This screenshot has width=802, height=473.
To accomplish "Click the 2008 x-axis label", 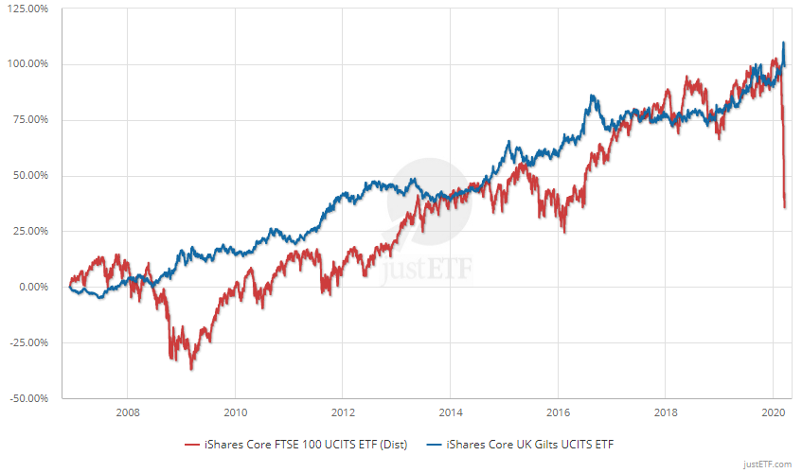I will [x=128, y=412].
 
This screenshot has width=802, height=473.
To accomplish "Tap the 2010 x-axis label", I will [x=236, y=412].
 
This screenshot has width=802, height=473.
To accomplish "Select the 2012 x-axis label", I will [x=343, y=412].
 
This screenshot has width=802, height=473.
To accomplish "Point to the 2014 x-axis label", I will [x=450, y=412].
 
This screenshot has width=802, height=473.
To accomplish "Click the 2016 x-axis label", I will [x=558, y=412].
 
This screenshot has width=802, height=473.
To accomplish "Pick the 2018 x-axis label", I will [x=665, y=412].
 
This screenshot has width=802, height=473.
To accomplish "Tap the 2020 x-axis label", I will [x=773, y=412].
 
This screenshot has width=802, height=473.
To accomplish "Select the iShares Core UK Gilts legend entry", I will [x=526, y=443].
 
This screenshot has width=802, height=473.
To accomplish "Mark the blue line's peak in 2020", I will [x=784, y=43].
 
